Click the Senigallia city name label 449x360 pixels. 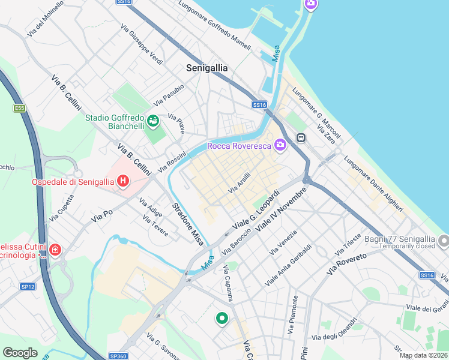(x=206, y=68)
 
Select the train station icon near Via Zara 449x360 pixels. (x=301, y=137)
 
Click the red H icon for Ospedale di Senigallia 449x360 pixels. (x=123, y=180)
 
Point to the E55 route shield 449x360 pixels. (x=20, y=109)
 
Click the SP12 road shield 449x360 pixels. (x=27, y=287)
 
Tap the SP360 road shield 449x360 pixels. (x=118, y=356)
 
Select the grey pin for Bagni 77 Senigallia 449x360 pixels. (x=444, y=241)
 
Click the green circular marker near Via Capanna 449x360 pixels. (x=222, y=319)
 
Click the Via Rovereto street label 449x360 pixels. (x=346, y=264)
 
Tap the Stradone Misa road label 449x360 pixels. (x=188, y=222)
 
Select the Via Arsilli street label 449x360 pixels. (x=239, y=183)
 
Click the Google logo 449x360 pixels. (x=20, y=353)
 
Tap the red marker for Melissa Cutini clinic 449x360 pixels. (x=55, y=249)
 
